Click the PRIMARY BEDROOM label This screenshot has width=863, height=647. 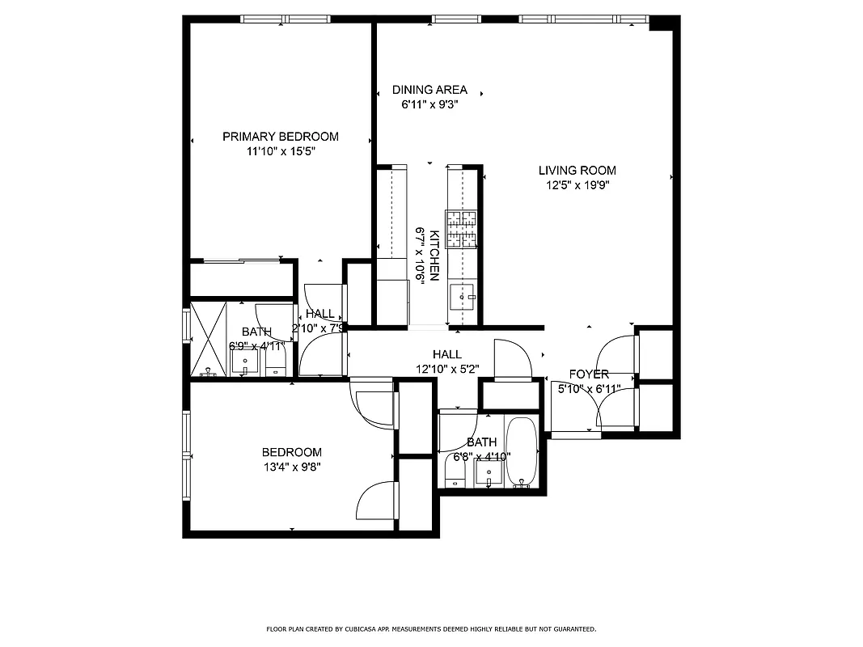coord(280,137)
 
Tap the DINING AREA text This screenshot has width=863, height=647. coord(429,90)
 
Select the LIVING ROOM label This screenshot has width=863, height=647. coord(577,171)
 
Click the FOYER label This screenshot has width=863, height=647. coord(589,374)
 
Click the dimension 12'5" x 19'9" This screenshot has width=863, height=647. coord(577,184)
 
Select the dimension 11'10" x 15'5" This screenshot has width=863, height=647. coord(280,151)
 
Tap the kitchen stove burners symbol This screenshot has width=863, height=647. coord(461,229)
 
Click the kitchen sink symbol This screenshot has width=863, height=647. coord(463,298)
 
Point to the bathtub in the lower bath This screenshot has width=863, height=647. coord(522,453)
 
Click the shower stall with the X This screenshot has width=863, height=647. coord(208,339)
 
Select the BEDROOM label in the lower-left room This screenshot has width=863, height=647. coord(291,452)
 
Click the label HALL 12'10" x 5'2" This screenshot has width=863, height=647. coord(446,362)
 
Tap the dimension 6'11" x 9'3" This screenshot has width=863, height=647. coord(429,104)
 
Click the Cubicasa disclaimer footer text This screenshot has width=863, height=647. coord(431,628)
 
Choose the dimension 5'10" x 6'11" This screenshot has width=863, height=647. coord(589,389)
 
